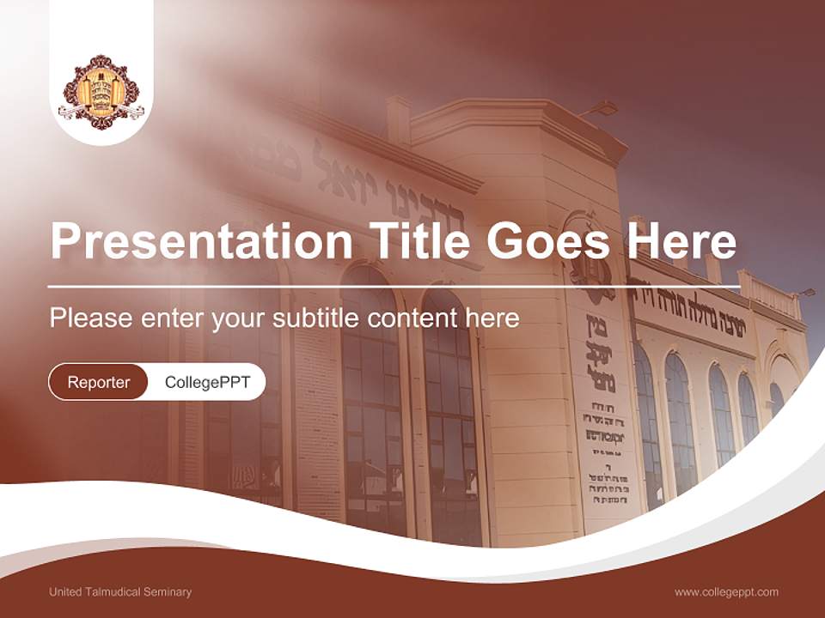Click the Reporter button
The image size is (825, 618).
tap(99, 382)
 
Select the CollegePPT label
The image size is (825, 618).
tap(207, 382)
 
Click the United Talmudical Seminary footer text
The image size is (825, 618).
tap(120, 591)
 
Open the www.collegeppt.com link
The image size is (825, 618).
tap(726, 591)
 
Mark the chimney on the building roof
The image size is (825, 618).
tap(398, 118)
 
